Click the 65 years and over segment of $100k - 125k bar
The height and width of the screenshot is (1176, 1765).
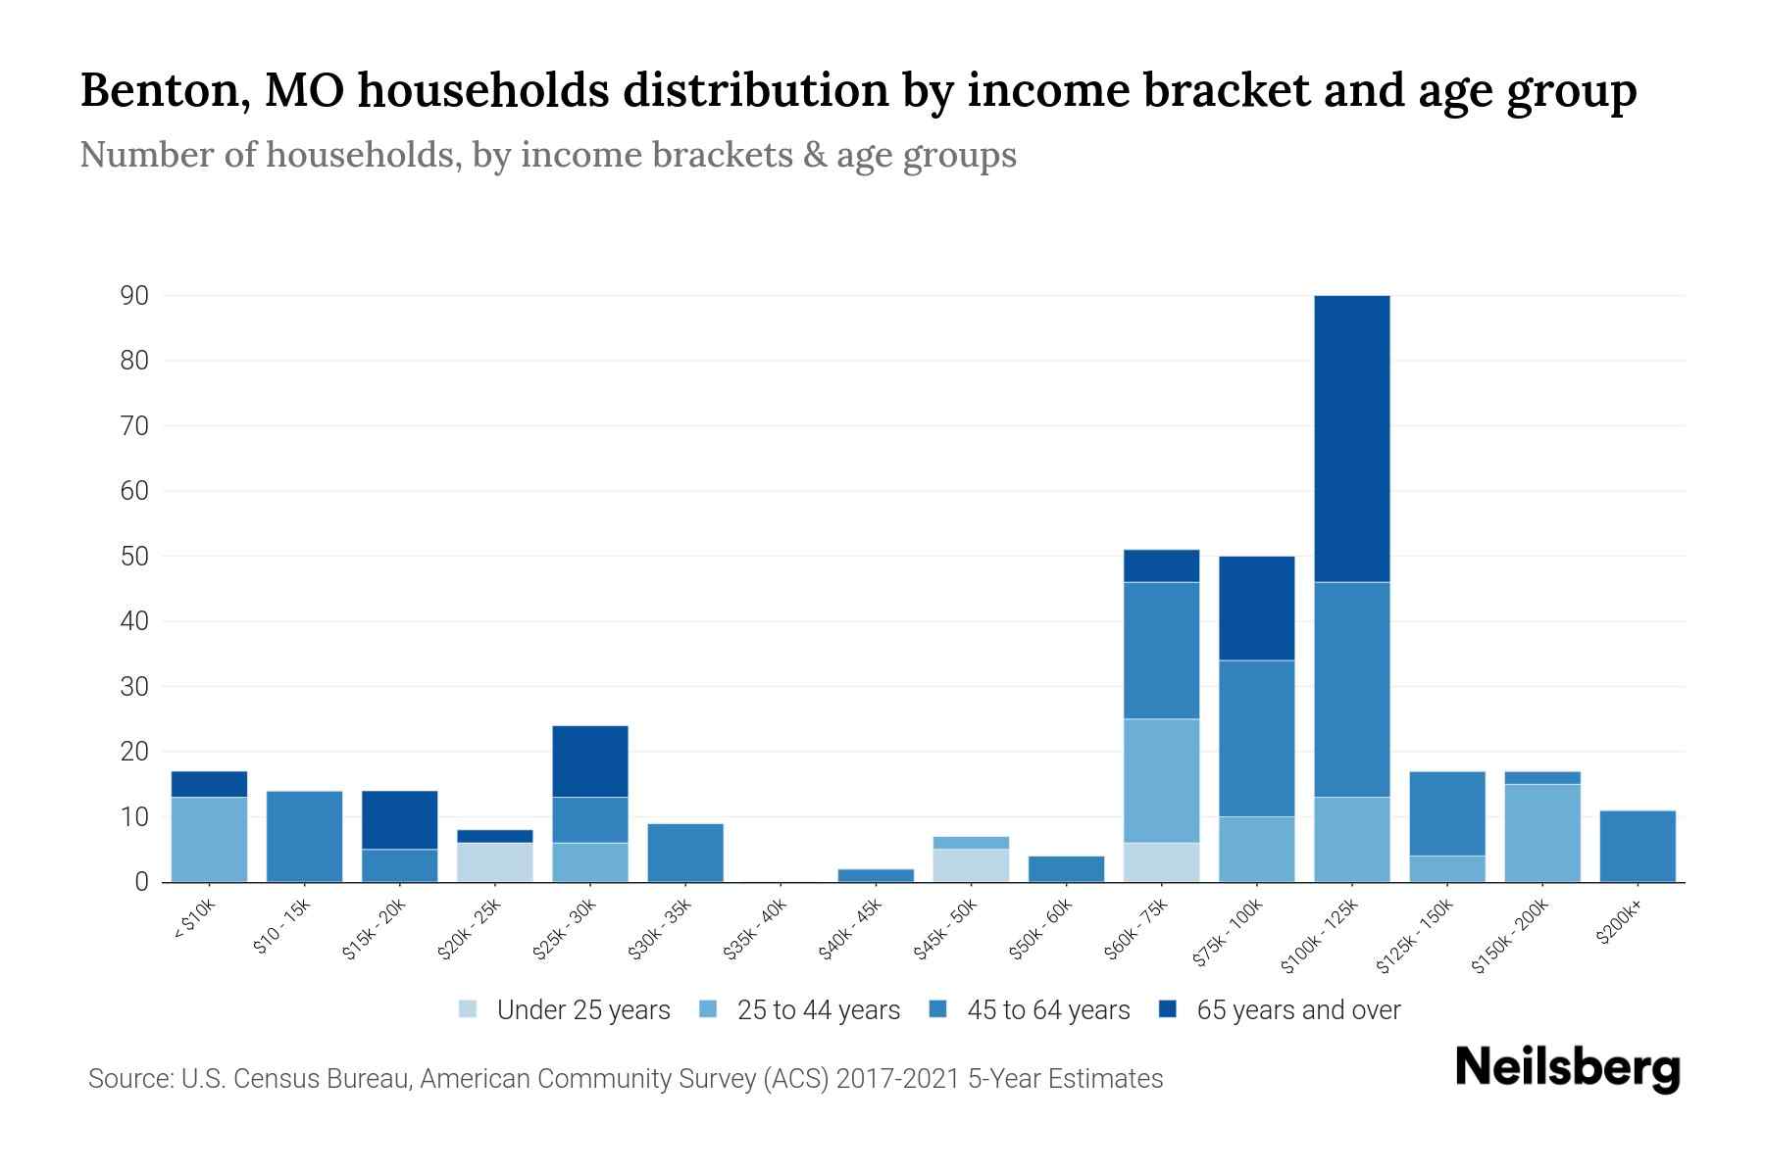click(1351, 439)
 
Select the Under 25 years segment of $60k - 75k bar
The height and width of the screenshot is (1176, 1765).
click(1161, 862)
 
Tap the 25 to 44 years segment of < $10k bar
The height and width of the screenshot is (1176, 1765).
click(209, 840)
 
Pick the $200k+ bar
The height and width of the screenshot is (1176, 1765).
click(1638, 847)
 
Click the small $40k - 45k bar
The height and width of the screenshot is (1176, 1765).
click(876, 875)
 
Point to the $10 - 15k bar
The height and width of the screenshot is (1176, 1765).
click(304, 837)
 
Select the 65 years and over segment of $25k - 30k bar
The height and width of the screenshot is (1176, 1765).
click(590, 761)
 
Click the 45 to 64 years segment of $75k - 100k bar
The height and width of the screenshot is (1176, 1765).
click(1256, 739)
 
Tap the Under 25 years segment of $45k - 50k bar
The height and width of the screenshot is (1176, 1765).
click(971, 865)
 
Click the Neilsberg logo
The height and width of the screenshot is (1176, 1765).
click(1567, 1068)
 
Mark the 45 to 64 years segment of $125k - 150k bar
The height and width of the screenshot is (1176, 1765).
click(1446, 814)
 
